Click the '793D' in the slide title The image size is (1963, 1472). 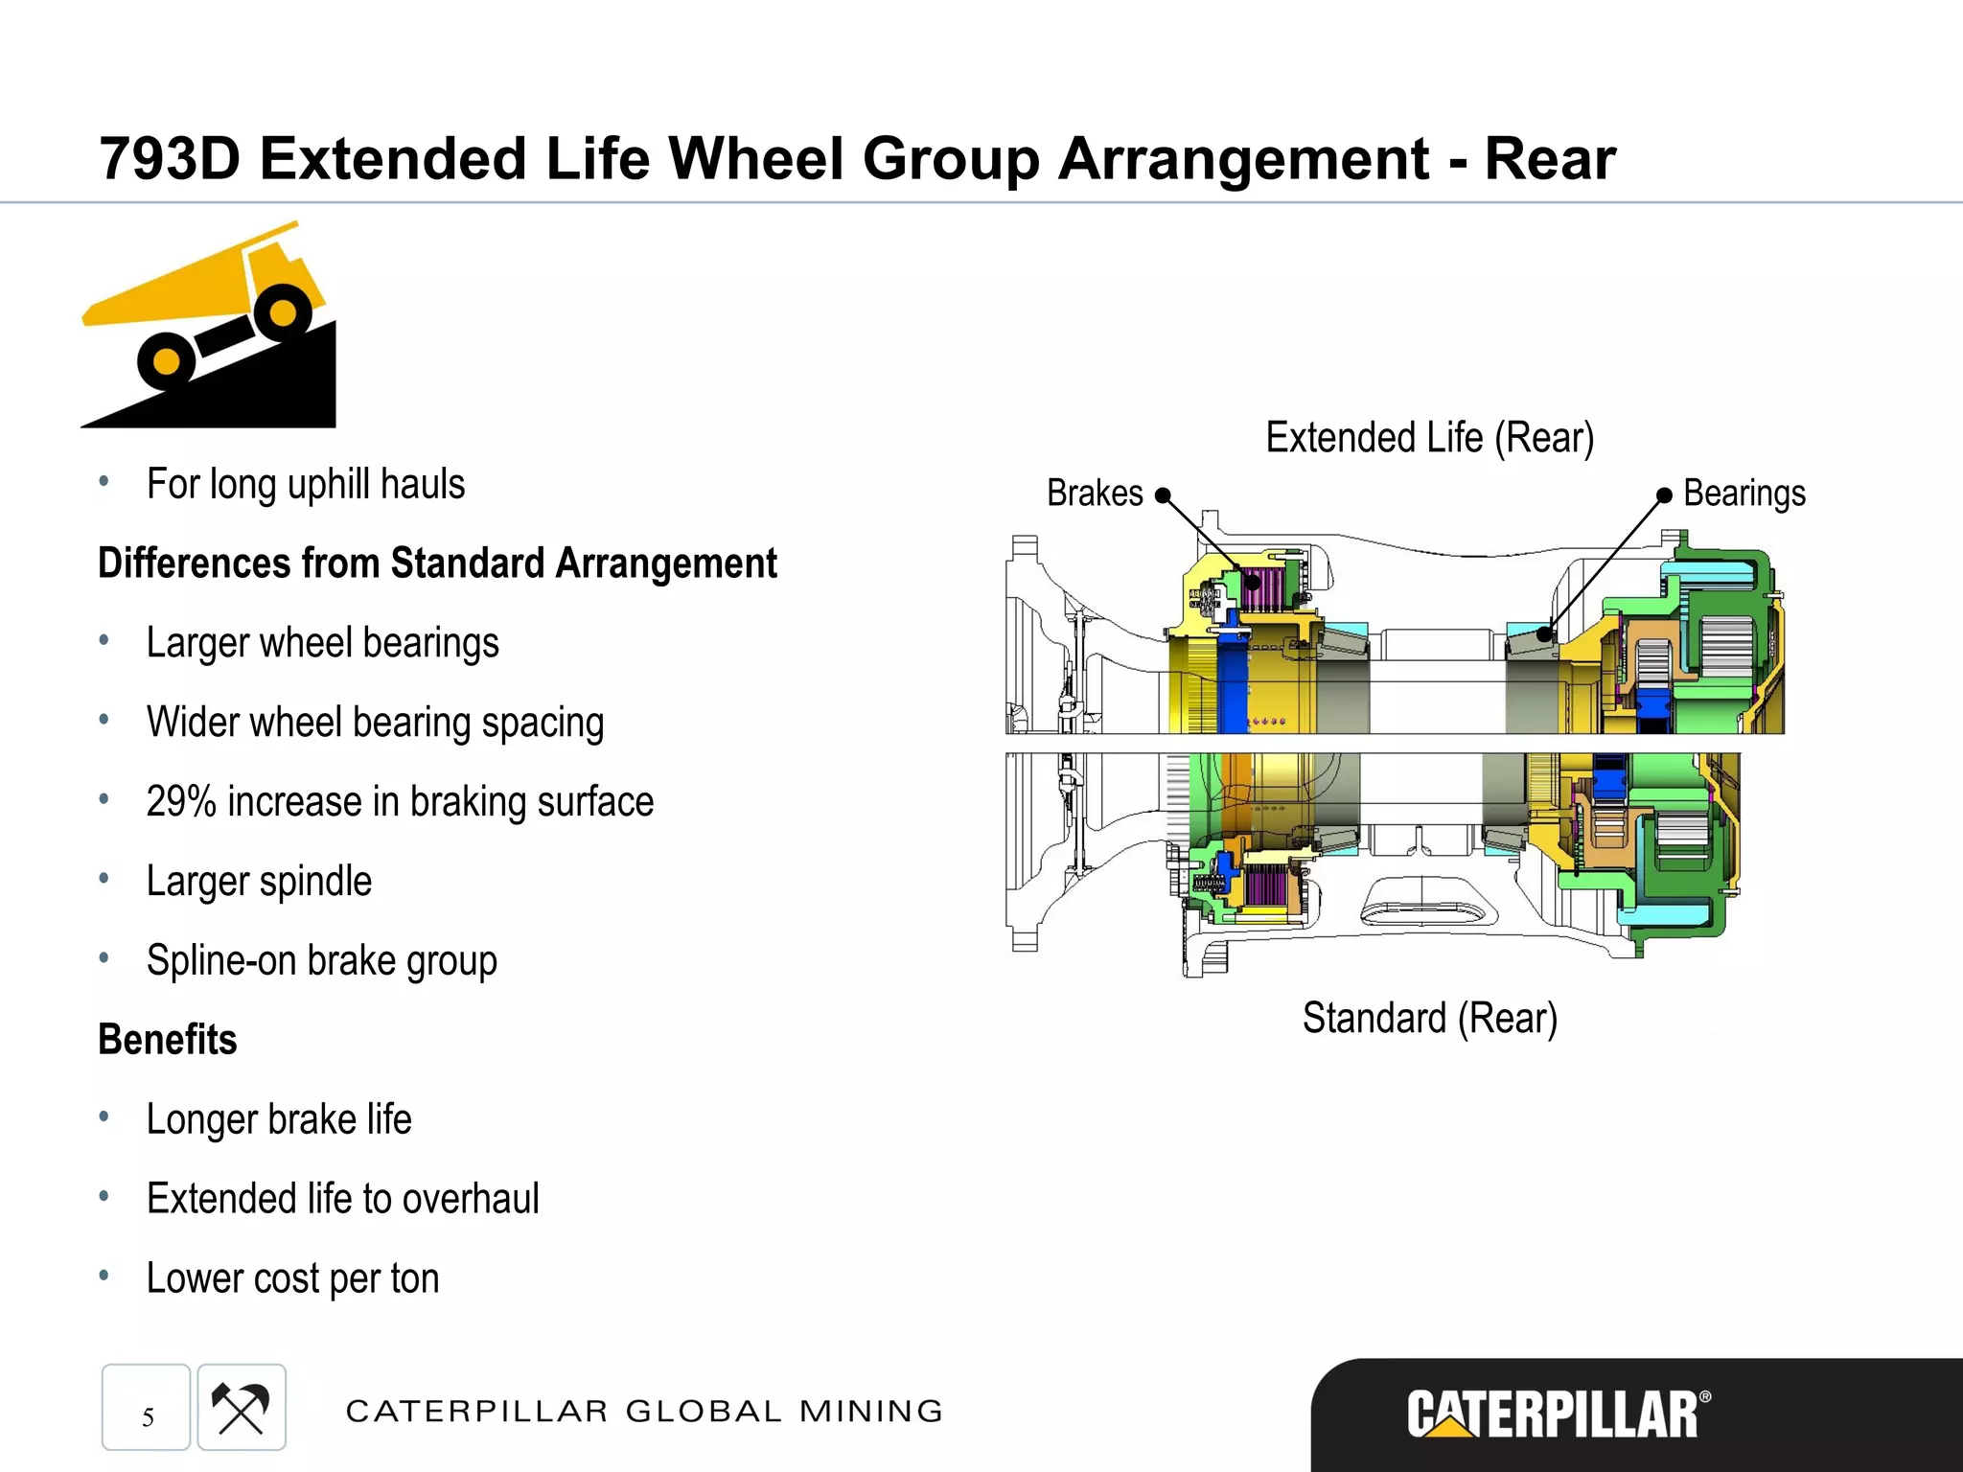point(169,158)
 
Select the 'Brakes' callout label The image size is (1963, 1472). point(1095,494)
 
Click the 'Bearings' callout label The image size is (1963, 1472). point(1744,494)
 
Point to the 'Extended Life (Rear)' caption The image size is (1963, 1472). point(1429,438)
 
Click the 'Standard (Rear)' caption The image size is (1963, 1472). point(1429,1018)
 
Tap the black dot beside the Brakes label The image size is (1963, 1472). point(1163,495)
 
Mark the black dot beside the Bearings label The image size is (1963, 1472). point(1664,494)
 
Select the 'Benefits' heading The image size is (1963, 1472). point(168,1040)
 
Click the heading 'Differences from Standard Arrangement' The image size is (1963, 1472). point(437,563)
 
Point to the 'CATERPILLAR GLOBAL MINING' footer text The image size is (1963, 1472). point(644,1411)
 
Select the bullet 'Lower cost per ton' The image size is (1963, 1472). point(292,1278)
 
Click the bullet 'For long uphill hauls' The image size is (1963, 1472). point(306,484)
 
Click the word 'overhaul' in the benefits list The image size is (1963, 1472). point(471,1199)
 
